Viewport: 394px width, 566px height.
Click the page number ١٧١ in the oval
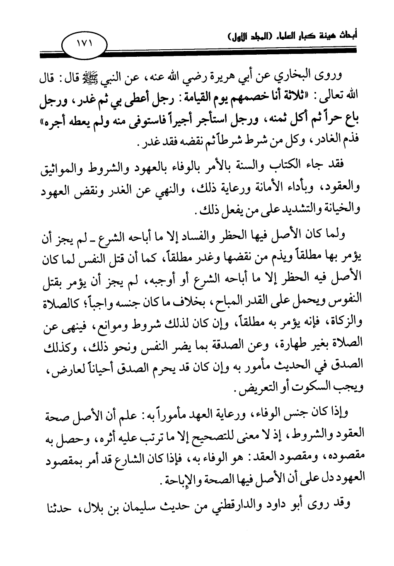click(x=85, y=43)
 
